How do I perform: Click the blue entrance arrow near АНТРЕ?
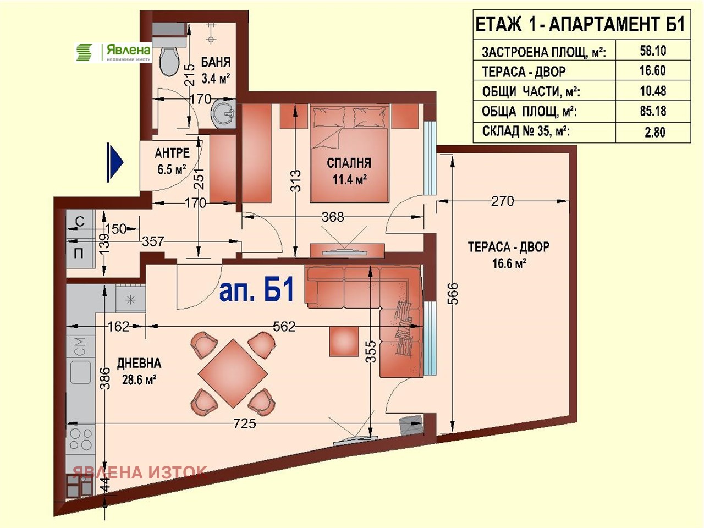(114, 163)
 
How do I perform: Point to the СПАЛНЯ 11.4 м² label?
(349, 170)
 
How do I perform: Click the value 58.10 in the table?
(653, 51)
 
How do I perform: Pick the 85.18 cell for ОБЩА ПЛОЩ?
(653, 111)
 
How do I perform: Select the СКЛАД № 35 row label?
(525, 132)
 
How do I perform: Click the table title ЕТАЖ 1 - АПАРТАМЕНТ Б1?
(580, 25)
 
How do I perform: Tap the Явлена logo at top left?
(113, 53)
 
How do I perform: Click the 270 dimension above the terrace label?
(503, 201)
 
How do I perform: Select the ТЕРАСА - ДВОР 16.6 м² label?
(509, 255)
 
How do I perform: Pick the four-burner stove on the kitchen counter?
(80, 438)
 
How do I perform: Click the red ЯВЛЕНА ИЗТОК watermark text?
(140, 472)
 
